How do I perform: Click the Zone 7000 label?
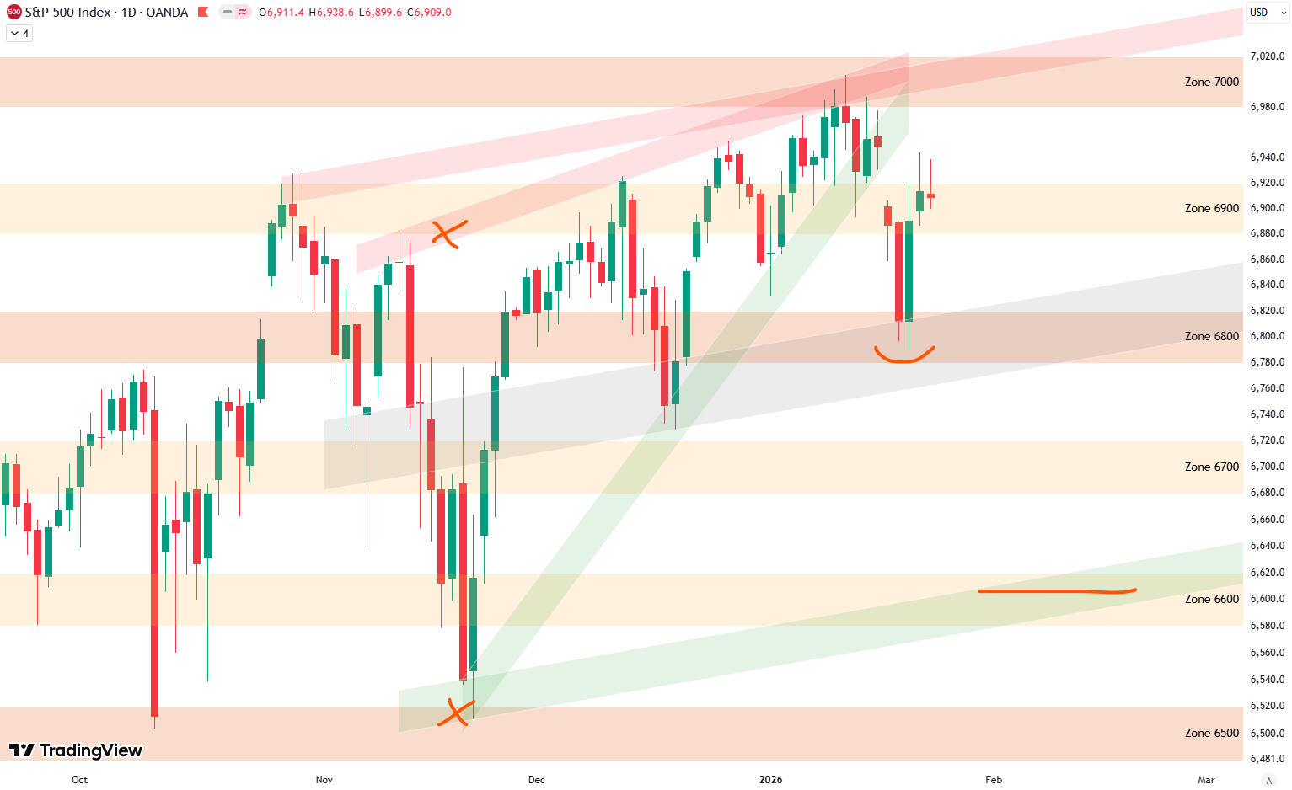coord(1211,82)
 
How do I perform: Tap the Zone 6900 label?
coord(1211,208)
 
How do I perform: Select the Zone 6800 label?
coord(1211,336)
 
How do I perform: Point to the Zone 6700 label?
coord(1211,467)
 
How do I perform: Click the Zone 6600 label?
coord(1211,599)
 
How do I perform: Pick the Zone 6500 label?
coord(1211,733)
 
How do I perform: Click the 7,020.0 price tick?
coord(1267,56)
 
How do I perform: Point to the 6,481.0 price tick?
coord(1267,759)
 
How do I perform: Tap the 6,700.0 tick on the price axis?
coord(1267,467)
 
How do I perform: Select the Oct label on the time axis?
coord(79,780)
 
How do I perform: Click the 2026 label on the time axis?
coord(770,780)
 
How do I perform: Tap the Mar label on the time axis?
coord(1206,780)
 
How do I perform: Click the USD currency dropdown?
coord(1265,13)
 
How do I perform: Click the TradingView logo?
coord(76,750)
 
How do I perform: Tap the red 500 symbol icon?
coord(13,13)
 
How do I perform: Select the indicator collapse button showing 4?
coord(19,34)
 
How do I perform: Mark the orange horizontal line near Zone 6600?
coord(1057,591)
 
